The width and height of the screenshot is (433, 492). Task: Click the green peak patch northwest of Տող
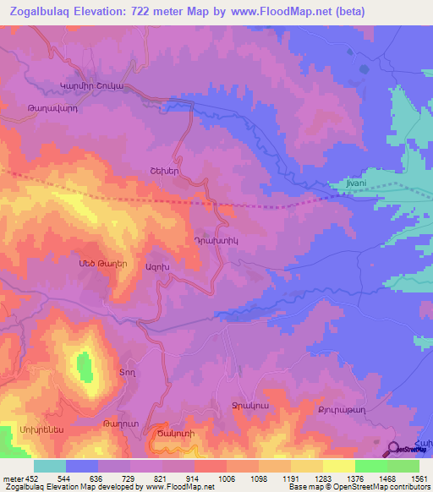85,367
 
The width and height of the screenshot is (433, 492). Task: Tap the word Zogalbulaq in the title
41,12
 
